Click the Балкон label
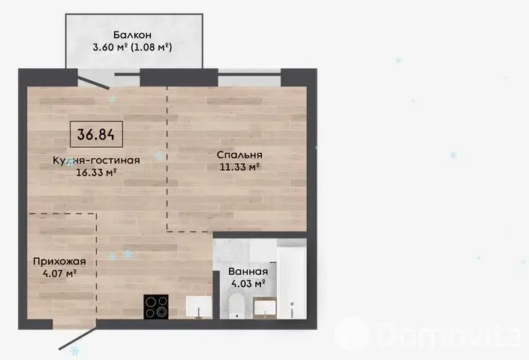(x=132, y=35)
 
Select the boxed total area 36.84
(x=96, y=134)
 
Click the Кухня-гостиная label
(x=97, y=160)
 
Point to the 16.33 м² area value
(x=97, y=172)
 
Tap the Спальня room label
(x=239, y=155)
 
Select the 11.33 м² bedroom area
(x=240, y=166)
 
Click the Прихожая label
(x=59, y=262)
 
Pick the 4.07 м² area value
(x=60, y=273)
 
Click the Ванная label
(x=248, y=271)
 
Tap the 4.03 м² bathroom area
(x=248, y=283)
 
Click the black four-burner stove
(x=156, y=307)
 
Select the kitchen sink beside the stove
(x=199, y=307)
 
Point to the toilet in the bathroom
(x=236, y=305)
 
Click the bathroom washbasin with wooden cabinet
(x=265, y=308)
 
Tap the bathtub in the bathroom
(x=291, y=279)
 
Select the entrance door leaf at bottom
(x=77, y=338)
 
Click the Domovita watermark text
(x=449, y=334)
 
